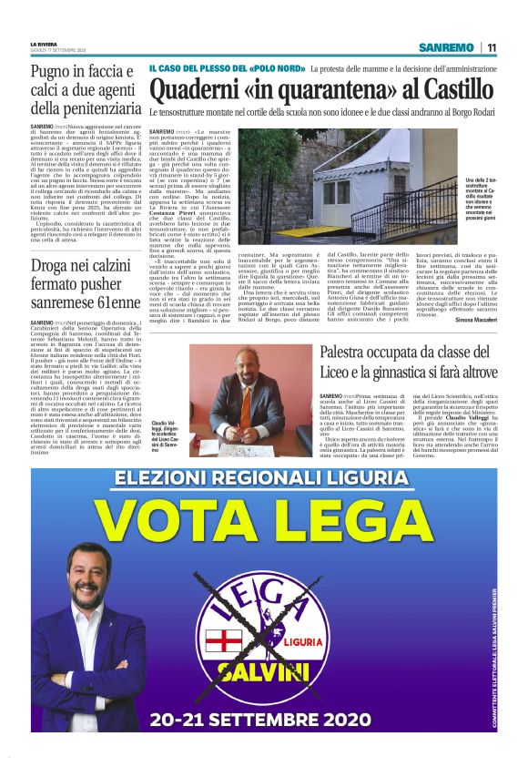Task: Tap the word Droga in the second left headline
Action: pyautogui.click(x=54, y=267)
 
